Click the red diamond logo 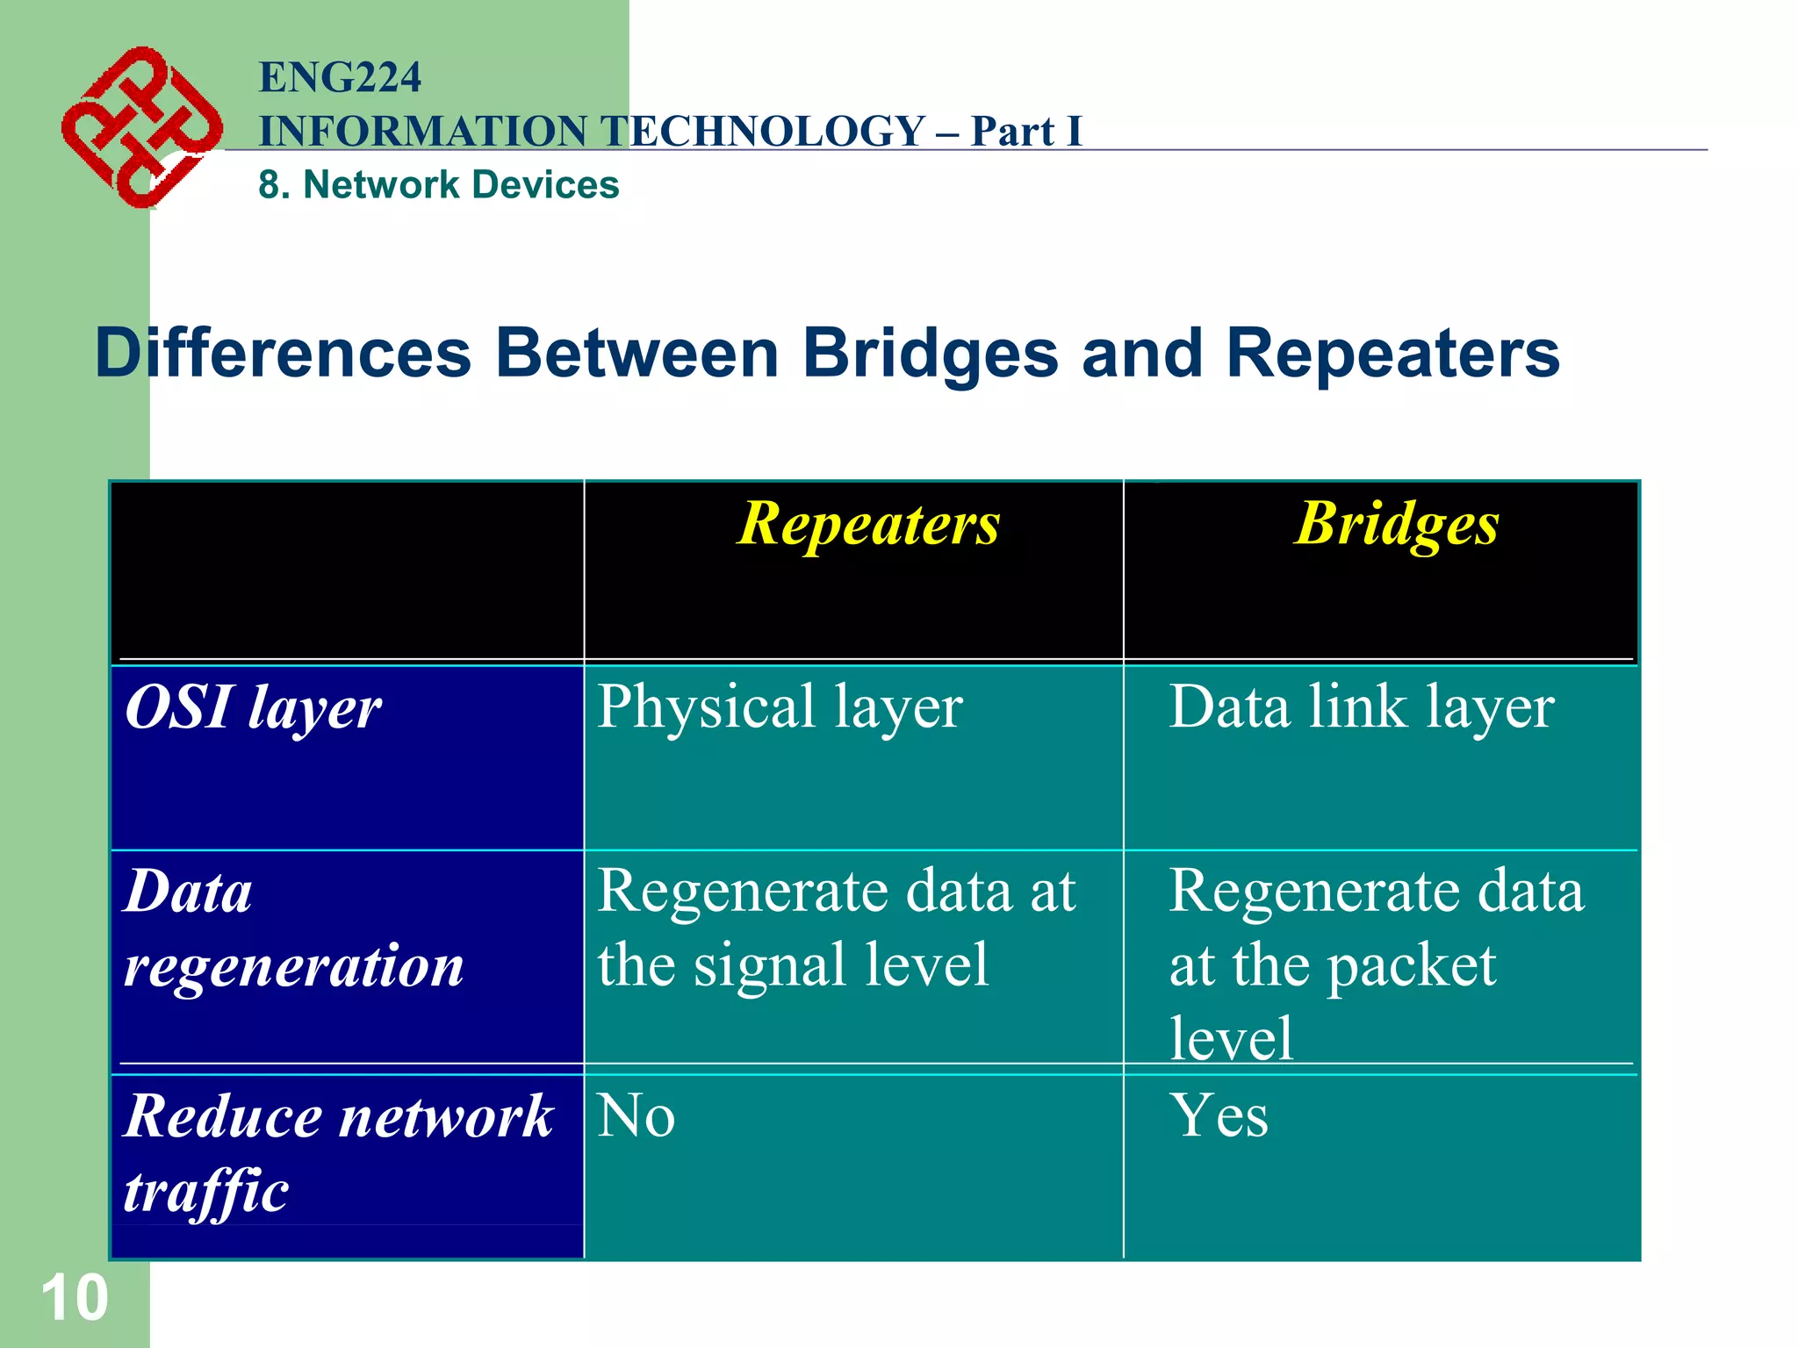140,128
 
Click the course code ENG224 340,77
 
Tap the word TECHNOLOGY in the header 764,132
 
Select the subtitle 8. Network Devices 438,185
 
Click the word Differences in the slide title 283,354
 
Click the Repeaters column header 867,524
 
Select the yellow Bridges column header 1396,524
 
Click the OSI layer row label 253,707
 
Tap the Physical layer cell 780,707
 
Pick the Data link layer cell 1361,707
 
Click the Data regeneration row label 292,929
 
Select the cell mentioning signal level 836,929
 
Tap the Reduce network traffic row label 337,1152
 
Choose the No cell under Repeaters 636,1116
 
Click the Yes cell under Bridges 1219,1116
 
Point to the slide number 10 75,1298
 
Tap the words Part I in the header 1025,132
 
